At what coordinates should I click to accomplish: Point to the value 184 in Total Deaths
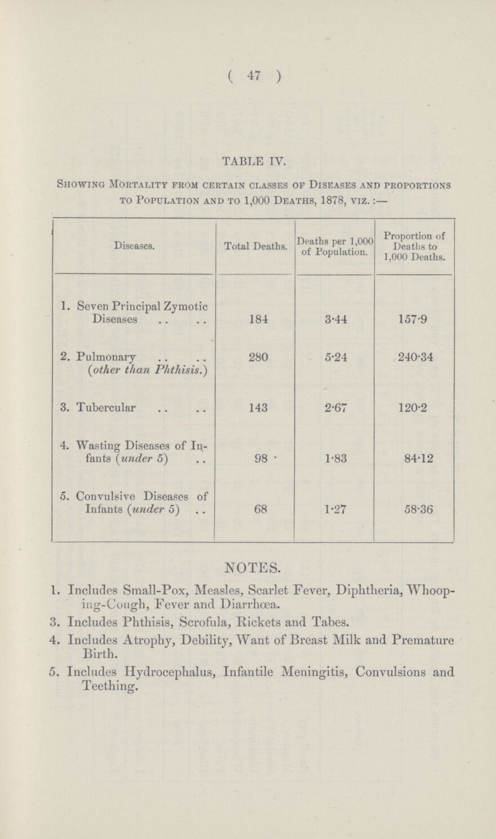tap(255, 321)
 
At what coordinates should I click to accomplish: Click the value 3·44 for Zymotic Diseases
tap(335, 321)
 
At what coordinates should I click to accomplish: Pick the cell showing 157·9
tap(415, 321)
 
